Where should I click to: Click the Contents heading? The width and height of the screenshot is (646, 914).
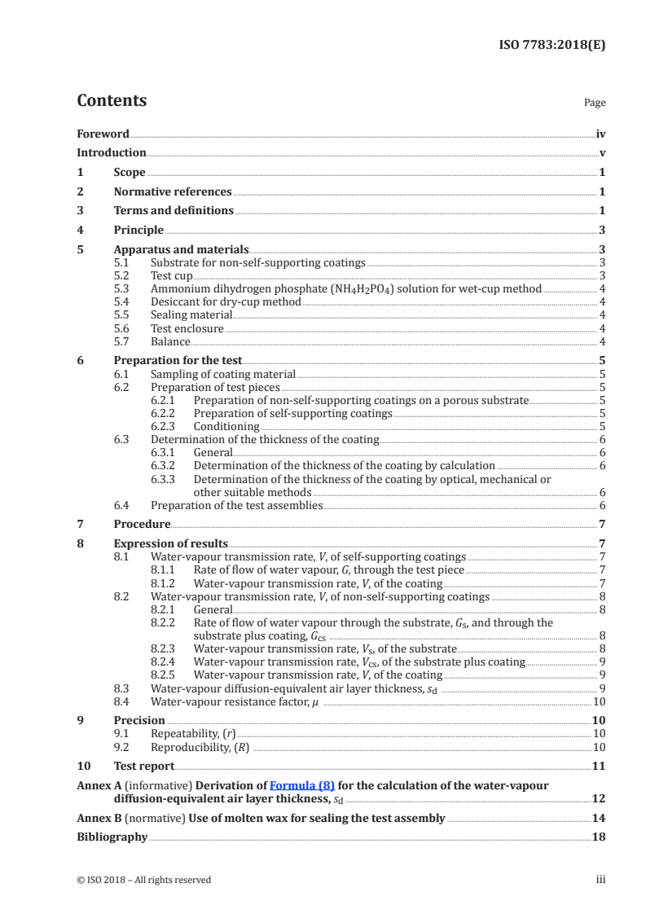[x=112, y=101]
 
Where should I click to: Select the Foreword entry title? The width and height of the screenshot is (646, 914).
[x=103, y=134]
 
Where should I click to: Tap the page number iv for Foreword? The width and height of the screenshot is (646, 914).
[x=600, y=134]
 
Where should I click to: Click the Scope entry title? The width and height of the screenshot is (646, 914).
[x=130, y=172]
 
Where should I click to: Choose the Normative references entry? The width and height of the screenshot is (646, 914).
[x=173, y=191]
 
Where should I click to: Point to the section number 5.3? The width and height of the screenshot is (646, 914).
[x=122, y=288]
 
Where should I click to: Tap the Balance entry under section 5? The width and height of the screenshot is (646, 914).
[x=170, y=341]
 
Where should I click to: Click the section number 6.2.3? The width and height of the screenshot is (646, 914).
[x=165, y=426]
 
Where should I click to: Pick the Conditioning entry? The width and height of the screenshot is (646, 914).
[x=226, y=426]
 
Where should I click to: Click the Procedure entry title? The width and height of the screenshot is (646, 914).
[x=142, y=524]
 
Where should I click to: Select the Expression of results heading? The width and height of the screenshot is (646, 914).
[x=171, y=543]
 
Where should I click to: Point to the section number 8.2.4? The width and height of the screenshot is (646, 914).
[x=165, y=661]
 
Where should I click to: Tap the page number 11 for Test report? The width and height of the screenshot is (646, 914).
[x=599, y=767]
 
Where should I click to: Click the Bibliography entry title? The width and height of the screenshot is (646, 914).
[x=112, y=837]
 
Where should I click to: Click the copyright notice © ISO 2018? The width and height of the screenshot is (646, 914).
[x=143, y=880]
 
